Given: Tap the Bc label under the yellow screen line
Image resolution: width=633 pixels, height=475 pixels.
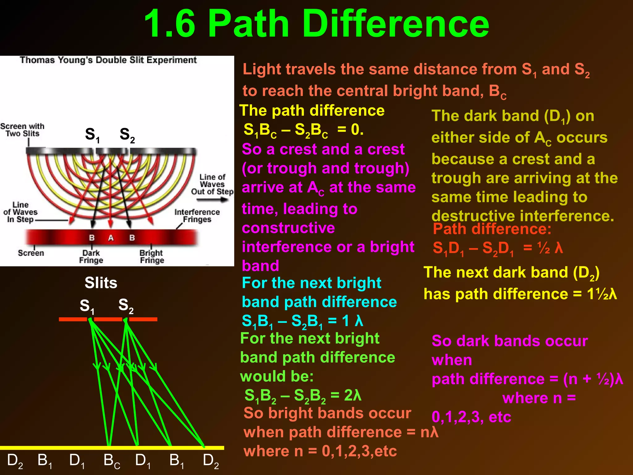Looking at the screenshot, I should pyautogui.click(x=112, y=461).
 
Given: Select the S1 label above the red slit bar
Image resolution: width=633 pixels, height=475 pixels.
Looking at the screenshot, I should pyautogui.click(x=87, y=306).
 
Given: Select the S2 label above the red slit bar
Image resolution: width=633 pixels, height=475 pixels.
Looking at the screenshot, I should pyautogui.click(x=126, y=306).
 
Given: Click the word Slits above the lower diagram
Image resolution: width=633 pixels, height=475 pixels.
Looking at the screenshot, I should pyautogui.click(x=101, y=283).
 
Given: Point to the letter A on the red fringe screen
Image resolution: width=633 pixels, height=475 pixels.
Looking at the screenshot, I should pyautogui.click(x=111, y=238).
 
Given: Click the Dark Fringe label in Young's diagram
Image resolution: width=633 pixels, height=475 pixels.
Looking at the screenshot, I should pyautogui.click(x=91, y=257).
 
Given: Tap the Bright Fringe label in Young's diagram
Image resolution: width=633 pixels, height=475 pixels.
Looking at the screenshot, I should pyautogui.click(x=152, y=257).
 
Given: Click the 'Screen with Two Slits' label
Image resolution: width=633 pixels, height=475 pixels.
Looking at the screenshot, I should pyautogui.click(x=22, y=130).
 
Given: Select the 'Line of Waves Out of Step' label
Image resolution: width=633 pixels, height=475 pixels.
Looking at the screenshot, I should pyautogui.click(x=212, y=184).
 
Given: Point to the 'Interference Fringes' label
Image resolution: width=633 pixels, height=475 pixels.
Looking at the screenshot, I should pyautogui.click(x=197, y=216).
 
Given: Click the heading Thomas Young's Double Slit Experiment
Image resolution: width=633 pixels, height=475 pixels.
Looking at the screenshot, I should pyautogui.click(x=108, y=60).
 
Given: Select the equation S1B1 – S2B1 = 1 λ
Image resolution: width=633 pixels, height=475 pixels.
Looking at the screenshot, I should pyautogui.click(x=302, y=321).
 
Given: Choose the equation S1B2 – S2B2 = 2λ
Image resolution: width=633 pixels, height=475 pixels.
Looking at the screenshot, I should pyautogui.click(x=303, y=396).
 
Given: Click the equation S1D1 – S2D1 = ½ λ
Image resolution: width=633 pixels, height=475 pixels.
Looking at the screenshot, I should pyautogui.click(x=498, y=248).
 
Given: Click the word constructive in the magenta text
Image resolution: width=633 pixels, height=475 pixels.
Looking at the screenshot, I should pyautogui.click(x=288, y=228).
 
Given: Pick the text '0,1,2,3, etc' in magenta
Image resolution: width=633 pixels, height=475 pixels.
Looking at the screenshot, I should pyautogui.click(x=471, y=417).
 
